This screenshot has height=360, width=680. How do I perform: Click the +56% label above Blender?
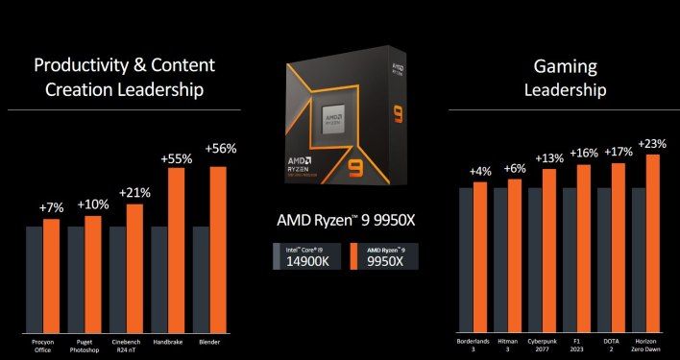click(x=220, y=149)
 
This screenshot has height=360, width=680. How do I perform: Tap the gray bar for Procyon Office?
click(x=34, y=278)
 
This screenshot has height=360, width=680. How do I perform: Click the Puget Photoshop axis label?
click(x=85, y=346)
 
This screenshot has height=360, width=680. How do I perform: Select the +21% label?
click(x=135, y=192)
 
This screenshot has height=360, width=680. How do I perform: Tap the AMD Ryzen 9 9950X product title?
click(x=338, y=222)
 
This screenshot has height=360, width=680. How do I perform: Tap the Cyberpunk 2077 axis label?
click(x=547, y=344)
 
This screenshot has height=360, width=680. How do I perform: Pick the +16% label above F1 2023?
click(x=584, y=153)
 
